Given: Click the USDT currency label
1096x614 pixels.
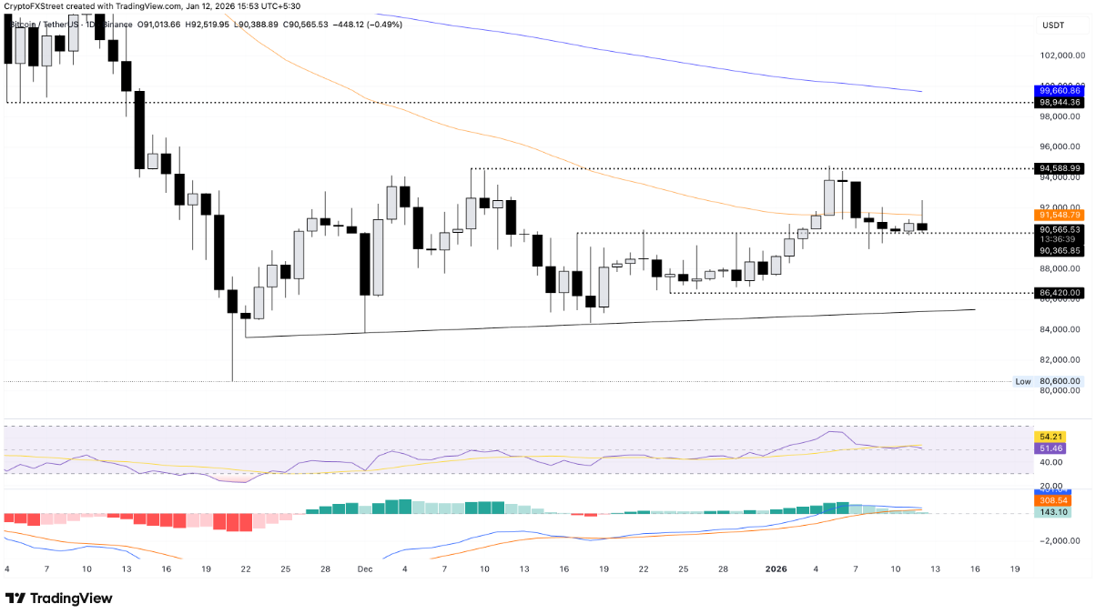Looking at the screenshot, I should (1054, 25).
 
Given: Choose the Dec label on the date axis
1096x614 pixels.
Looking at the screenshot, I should (365, 569).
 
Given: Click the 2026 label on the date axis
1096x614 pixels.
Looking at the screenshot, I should (776, 569).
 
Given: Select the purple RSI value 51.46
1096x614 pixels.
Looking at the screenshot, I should (1052, 449).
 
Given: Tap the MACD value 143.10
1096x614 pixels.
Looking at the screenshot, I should (1052, 512).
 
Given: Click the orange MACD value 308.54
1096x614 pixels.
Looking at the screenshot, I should (1052, 500).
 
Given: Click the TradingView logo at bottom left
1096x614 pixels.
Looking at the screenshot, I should (59, 598).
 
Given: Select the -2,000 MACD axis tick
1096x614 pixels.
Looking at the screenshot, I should (1056, 540).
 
